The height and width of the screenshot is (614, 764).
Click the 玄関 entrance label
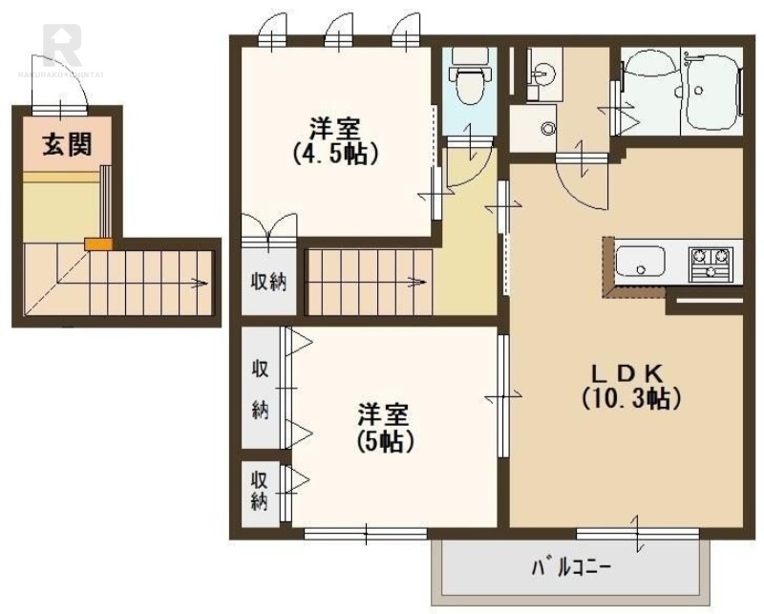click(x=66, y=145)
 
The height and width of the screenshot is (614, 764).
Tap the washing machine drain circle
click(x=548, y=129)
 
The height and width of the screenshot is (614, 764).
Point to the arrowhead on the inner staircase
click(x=417, y=281)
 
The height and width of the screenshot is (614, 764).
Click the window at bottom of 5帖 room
click(x=369, y=531)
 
